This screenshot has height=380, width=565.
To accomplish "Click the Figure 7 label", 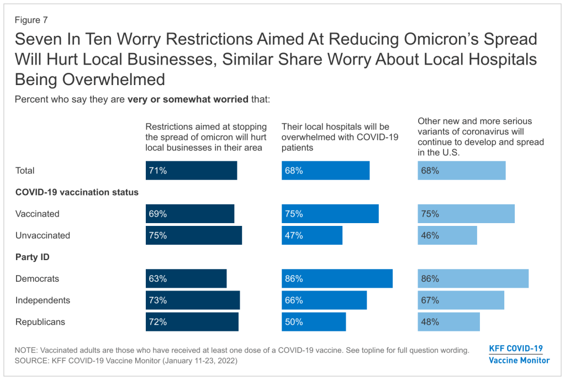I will [31, 20].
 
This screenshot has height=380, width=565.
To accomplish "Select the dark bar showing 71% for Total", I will [191, 171].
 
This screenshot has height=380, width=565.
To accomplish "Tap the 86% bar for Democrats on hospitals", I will [337, 279].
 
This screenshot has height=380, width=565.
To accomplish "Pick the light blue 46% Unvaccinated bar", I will [447, 235].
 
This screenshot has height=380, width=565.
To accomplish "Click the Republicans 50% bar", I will [314, 322].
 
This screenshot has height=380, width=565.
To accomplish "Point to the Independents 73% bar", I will [193, 300].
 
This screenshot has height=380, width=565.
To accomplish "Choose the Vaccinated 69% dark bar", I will [190, 214].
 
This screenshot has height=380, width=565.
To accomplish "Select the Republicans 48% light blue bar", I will [448, 322].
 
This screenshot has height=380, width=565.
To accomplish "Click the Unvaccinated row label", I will [43, 235].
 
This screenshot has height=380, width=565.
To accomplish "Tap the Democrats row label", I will [37, 279].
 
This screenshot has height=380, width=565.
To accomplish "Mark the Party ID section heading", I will [33, 257].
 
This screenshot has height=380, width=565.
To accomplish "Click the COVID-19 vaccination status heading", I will [77, 192].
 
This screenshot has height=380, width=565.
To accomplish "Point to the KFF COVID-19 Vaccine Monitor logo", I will [519, 354].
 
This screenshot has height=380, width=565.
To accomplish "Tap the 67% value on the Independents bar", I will [430, 300].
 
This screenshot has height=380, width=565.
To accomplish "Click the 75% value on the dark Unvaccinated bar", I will [157, 235].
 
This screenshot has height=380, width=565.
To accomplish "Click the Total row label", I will [25, 171].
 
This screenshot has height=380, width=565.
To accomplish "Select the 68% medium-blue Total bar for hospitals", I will [325, 171].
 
